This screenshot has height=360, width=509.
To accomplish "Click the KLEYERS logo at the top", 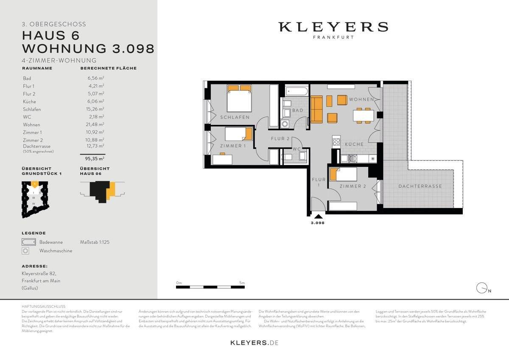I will [333, 27].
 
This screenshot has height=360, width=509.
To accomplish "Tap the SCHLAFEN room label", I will [235, 117].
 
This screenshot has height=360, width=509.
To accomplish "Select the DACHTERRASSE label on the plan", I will [420, 186].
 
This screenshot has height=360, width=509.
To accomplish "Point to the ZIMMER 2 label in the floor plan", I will [353, 186].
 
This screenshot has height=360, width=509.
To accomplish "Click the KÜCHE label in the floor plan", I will [354, 144].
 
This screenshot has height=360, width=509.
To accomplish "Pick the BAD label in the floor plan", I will [298, 110].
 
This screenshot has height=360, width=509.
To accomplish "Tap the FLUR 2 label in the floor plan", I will [280, 138].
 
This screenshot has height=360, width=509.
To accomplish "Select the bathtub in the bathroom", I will [296, 90].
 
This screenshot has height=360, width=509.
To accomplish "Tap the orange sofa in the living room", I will [316, 109].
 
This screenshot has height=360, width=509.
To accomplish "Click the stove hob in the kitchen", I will [336, 141].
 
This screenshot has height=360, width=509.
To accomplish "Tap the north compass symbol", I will [481, 288].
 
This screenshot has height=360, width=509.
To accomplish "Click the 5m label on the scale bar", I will [242, 283].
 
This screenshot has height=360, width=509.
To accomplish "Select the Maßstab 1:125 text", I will [95, 242].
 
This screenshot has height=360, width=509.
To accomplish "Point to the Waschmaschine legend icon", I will [26, 251].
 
